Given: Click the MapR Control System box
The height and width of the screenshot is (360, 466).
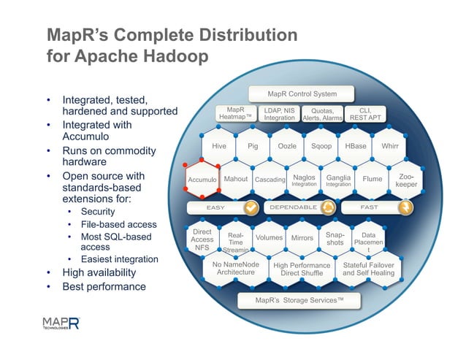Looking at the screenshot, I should point(302,94).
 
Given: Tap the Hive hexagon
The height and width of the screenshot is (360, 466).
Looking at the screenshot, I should point(218,146).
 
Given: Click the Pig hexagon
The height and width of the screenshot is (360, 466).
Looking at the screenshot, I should point(253,146).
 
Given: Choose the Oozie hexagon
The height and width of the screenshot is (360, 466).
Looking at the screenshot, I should point(287,146).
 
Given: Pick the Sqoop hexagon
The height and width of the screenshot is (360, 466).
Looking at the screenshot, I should point(321,146).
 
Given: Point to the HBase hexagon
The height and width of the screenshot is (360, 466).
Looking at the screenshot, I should point(356,146).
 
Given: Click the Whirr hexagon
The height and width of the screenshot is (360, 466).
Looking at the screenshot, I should point(390,146).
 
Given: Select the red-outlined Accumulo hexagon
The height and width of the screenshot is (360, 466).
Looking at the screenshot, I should point(202,180).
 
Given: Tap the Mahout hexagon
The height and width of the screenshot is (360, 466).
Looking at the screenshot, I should point(235,179).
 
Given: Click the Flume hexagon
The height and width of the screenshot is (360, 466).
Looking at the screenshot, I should point(373,179).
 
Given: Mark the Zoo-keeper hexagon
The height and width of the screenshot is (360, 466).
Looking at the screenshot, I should point(406,180).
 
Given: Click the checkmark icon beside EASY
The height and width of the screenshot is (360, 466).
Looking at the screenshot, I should point(251,208).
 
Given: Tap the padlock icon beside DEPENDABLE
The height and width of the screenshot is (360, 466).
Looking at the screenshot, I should point(327,208).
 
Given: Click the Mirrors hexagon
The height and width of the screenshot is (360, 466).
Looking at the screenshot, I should point(302,238).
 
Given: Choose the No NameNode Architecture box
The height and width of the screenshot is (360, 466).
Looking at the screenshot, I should point(235,269).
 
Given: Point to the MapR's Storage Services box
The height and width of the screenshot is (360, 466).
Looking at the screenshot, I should point(299,300).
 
